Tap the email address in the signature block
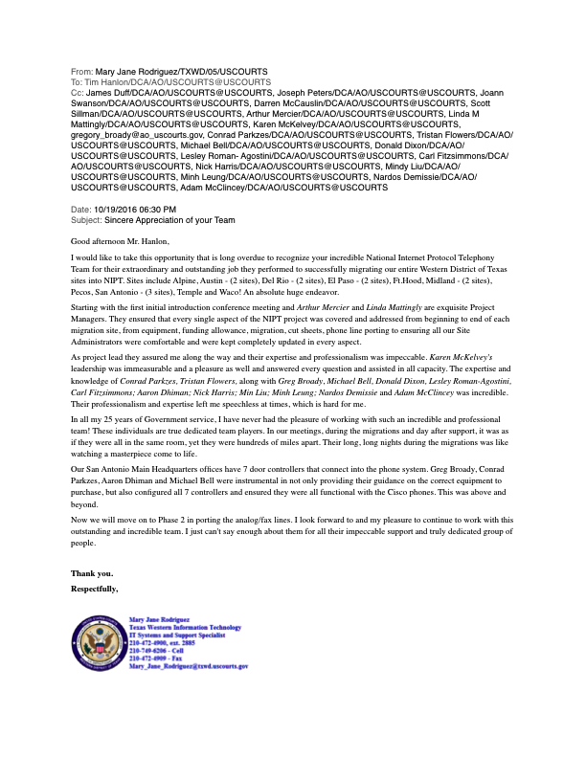point(189,666)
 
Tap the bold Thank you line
point(92,573)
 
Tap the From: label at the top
point(82,72)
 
